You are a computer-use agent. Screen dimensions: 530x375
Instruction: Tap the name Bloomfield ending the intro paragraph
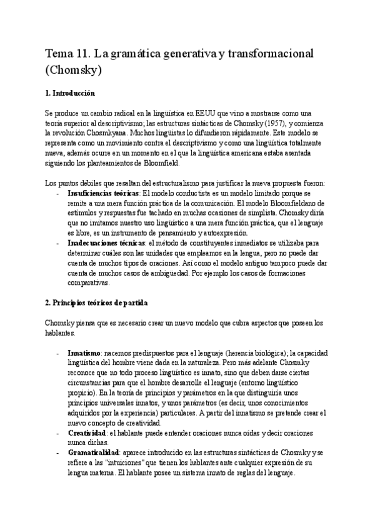point(160,162)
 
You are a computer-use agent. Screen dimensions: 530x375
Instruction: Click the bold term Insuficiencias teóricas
point(102,193)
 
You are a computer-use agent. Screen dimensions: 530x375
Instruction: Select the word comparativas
point(88,282)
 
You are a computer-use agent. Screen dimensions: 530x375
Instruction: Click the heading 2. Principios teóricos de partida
point(96,303)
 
